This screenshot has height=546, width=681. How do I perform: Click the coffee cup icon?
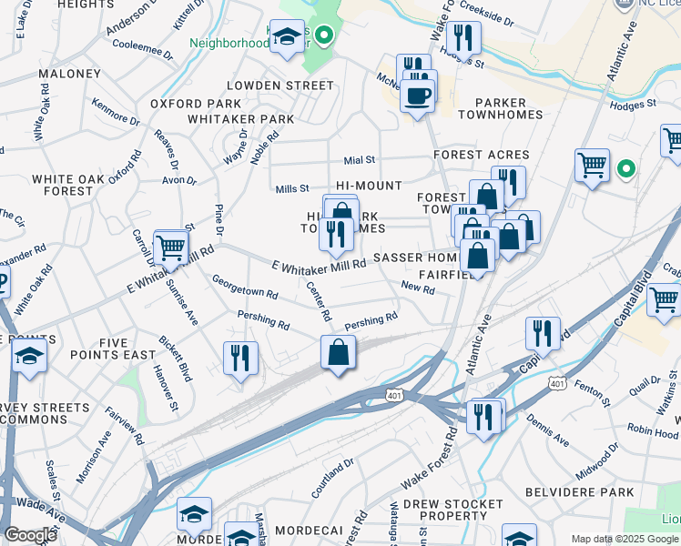417,95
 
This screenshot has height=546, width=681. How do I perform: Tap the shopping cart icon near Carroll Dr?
171,248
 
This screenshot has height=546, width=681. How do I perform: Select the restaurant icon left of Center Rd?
240,357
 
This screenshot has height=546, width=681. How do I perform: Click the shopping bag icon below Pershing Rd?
338,352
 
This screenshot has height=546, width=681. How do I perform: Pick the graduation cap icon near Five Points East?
29,358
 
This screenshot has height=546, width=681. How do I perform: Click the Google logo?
31,535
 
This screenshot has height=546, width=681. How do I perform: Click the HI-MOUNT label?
369,186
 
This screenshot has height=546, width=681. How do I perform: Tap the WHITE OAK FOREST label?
62,186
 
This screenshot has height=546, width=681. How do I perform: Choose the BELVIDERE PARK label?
579,492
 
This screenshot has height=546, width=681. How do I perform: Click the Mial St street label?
358,160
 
